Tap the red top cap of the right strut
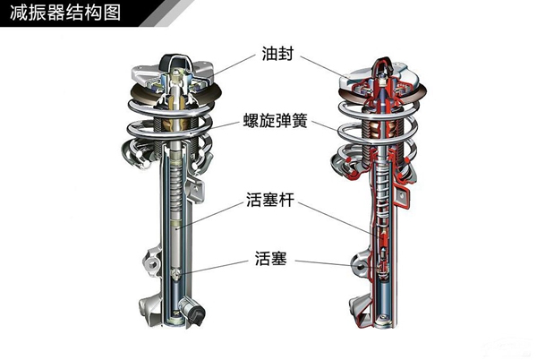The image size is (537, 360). click(x=380, y=64)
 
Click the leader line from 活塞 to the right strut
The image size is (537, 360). click(x=322, y=262)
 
